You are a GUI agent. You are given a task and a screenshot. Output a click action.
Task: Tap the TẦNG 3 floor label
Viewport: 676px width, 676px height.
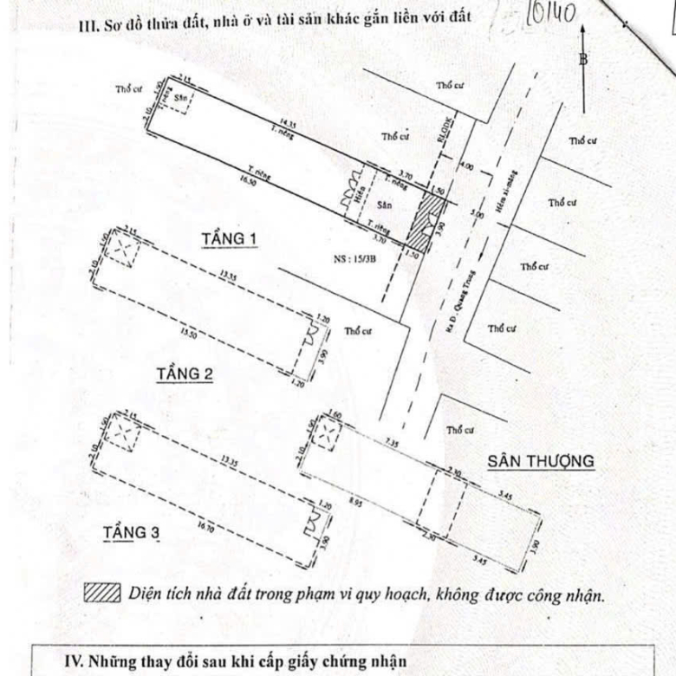[131, 531]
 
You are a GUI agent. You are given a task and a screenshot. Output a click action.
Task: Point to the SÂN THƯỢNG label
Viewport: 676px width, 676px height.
[541, 461]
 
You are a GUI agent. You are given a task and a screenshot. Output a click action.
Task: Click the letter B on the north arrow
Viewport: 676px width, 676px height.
[583, 59]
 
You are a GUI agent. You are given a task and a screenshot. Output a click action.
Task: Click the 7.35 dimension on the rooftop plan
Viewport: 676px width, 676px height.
[392, 444]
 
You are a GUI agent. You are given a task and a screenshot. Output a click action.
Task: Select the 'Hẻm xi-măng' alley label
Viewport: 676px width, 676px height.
[502, 191]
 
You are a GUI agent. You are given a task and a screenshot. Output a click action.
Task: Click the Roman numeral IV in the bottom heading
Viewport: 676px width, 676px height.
[74, 661]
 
